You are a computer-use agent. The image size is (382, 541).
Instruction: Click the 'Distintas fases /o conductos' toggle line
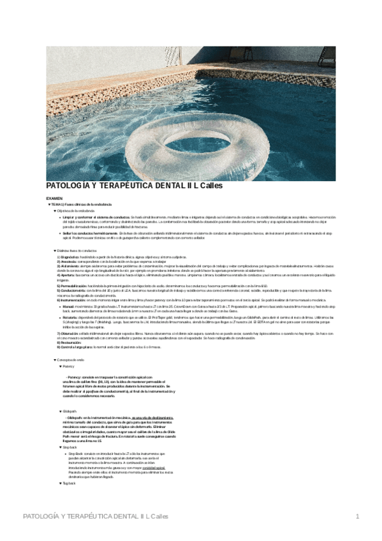pos(77,251)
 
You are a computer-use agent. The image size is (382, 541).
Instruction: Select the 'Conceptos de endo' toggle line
pos(71,360)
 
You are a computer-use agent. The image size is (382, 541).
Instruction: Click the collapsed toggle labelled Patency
pos(68,367)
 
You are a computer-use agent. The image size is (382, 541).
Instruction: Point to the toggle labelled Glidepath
pos(70,411)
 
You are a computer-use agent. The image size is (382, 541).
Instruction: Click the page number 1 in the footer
pos(358,515)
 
